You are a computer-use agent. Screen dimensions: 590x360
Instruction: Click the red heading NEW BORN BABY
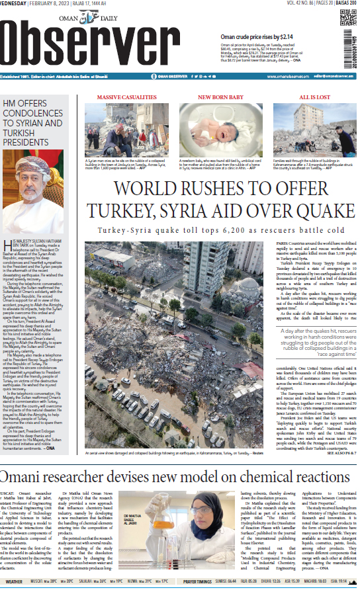click(x=220, y=97)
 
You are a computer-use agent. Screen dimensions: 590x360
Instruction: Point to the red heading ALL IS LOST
click(x=315, y=97)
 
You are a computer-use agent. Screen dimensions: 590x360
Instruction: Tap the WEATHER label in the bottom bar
click(x=15, y=581)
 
